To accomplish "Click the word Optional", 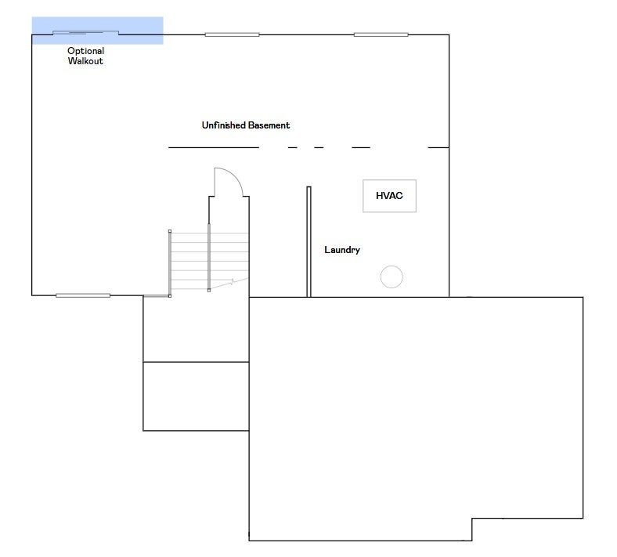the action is click(x=86, y=51).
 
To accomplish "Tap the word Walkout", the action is click(x=85, y=61).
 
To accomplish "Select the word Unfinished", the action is click(x=223, y=125).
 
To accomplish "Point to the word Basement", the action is click(x=269, y=125).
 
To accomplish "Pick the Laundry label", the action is click(x=342, y=250).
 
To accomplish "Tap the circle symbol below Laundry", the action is click(x=391, y=277).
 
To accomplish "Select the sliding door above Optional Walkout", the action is click(x=86, y=33).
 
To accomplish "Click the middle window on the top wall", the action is click(x=233, y=34).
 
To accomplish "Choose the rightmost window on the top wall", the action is click(x=381, y=34).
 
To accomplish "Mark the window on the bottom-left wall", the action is click(x=83, y=295).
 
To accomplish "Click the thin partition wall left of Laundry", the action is click(x=309, y=242).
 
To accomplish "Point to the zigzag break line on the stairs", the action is click(x=229, y=283).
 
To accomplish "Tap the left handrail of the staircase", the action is click(x=170, y=263).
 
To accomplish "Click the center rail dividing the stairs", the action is click(x=209, y=258).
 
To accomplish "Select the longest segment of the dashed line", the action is click(x=214, y=147).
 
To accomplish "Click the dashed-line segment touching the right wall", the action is click(x=438, y=147).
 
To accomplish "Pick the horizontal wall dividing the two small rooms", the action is click(x=196, y=362).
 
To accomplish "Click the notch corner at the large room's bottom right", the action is click(x=472, y=519).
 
